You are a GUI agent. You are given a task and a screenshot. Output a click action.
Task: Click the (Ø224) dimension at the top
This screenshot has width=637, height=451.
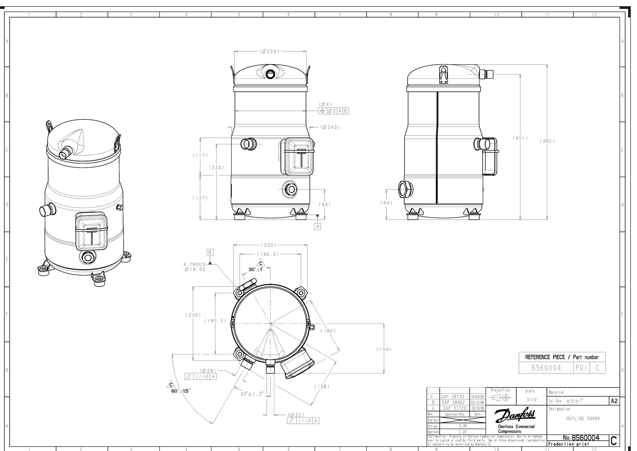click(270, 51)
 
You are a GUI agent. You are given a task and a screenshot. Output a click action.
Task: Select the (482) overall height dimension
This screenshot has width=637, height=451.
click(547, 141)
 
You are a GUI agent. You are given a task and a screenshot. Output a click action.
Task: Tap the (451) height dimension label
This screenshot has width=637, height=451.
click(520, 138)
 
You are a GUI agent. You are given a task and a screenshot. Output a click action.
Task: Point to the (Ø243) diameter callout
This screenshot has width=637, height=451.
click(330, 127)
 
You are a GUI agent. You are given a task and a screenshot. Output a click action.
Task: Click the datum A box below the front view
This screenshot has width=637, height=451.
click(317, 226)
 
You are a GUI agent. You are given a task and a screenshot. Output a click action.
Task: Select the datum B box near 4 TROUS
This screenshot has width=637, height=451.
click(210, 252)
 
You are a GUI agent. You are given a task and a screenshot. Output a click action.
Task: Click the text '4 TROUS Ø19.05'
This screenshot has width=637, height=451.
click(194, 267)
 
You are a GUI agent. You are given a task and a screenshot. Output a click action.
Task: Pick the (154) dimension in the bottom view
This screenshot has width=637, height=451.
click(384, 349)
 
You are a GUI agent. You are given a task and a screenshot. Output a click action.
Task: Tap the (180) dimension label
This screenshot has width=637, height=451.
click(328, 331)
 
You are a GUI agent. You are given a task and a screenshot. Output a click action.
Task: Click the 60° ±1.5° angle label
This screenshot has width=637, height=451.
click(181, 391)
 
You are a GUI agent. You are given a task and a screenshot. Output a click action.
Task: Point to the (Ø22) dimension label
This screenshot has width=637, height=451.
click(296, 415)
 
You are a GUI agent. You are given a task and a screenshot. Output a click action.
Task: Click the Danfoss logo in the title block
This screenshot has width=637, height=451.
click(515, 416)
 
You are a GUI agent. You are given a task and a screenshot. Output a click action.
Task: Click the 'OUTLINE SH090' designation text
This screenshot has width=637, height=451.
click(583, 418)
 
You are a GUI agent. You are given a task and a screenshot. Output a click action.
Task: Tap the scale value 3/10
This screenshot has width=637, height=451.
click(532, 399)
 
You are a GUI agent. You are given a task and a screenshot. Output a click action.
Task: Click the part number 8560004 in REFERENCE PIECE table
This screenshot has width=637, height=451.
click(546, 368)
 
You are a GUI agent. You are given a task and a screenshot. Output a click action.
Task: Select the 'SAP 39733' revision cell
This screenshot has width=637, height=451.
click(454, 397)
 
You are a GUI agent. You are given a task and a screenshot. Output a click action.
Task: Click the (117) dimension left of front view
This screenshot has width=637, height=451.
click(200, 155)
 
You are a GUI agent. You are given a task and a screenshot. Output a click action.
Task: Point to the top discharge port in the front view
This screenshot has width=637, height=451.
click(271, 74)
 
